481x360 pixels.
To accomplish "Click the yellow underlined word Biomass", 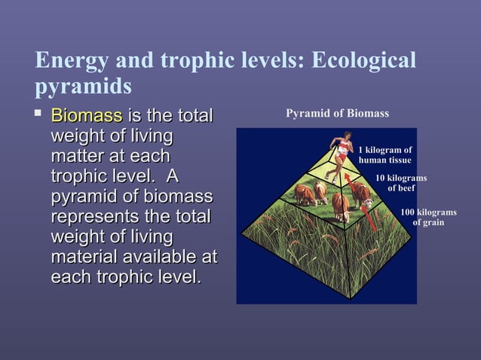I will point(86,117).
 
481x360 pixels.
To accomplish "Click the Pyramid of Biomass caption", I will point(337,114).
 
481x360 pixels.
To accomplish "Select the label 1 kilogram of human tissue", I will point(384,155).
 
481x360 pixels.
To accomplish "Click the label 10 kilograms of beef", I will point(401,183).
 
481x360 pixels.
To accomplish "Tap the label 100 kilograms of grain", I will point(427,218).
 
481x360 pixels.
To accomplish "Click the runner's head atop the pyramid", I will point(345,137).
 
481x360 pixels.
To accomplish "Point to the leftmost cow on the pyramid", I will point(305,194).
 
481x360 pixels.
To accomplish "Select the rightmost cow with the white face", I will point(363,194).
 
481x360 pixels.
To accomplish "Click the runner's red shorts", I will point(340,154).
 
